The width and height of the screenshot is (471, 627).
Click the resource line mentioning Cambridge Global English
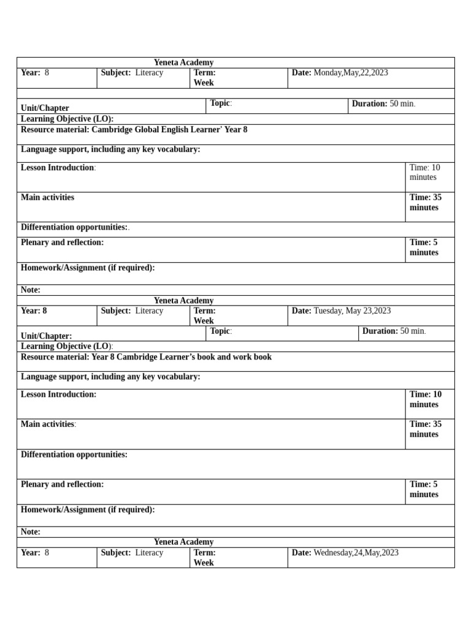tap(134, 130)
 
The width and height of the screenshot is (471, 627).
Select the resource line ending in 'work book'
tap(146, 357)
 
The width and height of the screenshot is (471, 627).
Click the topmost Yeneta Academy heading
tap(183, 62)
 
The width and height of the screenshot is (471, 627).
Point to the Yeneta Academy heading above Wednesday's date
tap(183, 542)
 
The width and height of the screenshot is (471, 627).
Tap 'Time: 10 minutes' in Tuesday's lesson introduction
tap(425, 399)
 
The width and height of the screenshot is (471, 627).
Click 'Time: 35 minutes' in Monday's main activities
tap(425, 202)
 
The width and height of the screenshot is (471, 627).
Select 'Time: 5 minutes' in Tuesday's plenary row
tap(424, 489)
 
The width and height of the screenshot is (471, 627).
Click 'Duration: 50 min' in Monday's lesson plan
tap(383, 103)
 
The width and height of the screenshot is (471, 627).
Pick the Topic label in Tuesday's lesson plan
tap(221, 331)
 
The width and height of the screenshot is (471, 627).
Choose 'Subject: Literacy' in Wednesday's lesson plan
tap(132, 553)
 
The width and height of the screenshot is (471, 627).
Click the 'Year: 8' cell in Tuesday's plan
tap(34, 311)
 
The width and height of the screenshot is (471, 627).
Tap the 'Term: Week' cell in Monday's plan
tap(204, 78)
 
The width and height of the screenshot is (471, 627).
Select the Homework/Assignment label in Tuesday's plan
tap(88, 509)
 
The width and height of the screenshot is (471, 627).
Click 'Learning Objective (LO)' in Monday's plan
tap(67, 119)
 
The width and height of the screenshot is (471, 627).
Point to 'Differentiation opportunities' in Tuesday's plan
tap(74, 454)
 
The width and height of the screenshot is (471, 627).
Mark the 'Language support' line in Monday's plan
tap(110, 149)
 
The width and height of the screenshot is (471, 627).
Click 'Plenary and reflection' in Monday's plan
tap(62, 242)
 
